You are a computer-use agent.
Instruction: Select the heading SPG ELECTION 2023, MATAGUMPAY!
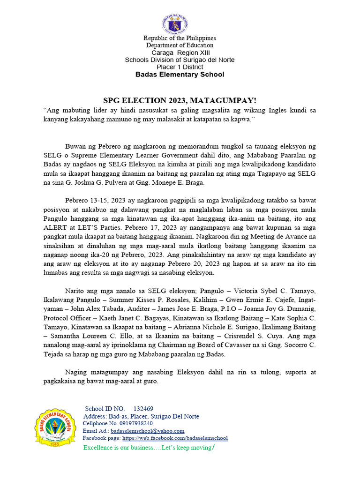180,100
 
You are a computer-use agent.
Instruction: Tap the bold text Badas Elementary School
180,75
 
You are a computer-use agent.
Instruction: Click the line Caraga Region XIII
180,52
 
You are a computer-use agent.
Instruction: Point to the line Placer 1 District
180,67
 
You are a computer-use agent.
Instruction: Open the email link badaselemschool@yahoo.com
147,431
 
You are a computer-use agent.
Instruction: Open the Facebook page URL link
175,438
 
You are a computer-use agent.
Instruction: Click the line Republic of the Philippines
180,38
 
